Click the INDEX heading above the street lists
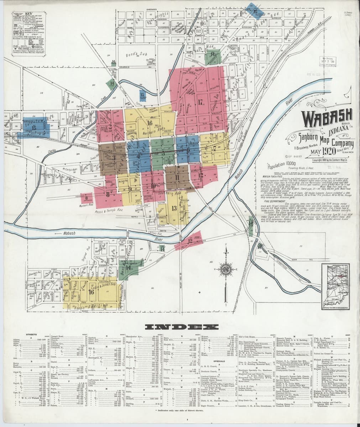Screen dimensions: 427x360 click(180, 327)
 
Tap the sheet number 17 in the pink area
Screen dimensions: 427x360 click(200, 102)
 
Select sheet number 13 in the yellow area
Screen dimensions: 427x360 click(174, 208)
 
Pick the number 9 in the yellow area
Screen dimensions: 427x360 click(130, 189)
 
